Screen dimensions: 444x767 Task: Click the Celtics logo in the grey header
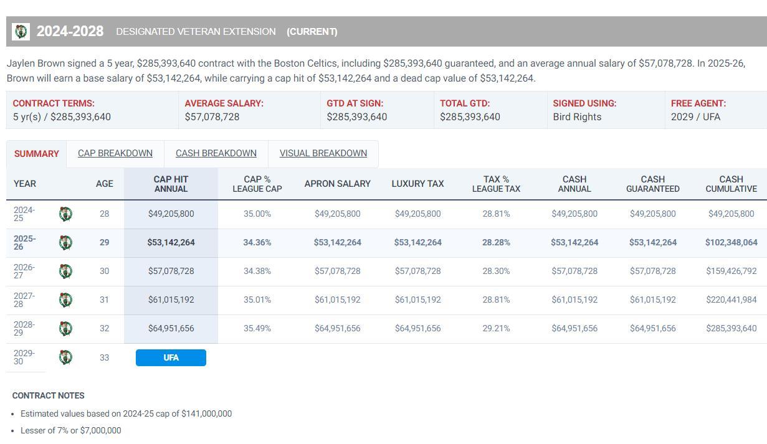click(21, 32)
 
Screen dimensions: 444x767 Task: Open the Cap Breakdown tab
click(115, 153)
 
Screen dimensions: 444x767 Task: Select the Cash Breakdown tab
click(216, 153)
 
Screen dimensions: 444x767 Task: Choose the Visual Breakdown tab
click(323, 153)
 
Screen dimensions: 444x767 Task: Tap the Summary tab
click(37, 154)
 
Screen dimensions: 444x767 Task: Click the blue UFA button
click(171, 357)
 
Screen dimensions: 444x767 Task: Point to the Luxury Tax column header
click(417, 184)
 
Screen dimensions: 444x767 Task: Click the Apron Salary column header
click(337, 184)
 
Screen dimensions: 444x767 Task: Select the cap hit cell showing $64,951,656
click(171, 328)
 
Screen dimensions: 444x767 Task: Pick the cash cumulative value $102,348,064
click(731, 242)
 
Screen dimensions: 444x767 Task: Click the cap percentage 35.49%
click(257, 328)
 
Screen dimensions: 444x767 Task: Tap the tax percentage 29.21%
click(496, 328)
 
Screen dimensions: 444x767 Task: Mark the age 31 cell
click(104, 300)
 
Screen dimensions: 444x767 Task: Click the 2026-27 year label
click(24, 271)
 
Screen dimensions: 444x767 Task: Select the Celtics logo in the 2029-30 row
click(65, 357)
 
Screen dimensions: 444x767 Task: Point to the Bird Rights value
click(577, 116)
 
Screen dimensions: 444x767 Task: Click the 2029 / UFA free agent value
click(695, 116)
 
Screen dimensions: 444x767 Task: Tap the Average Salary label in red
click(224, 103)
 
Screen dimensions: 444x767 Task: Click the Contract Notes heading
click(49, 395)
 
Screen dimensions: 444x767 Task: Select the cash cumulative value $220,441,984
click(731, 300)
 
